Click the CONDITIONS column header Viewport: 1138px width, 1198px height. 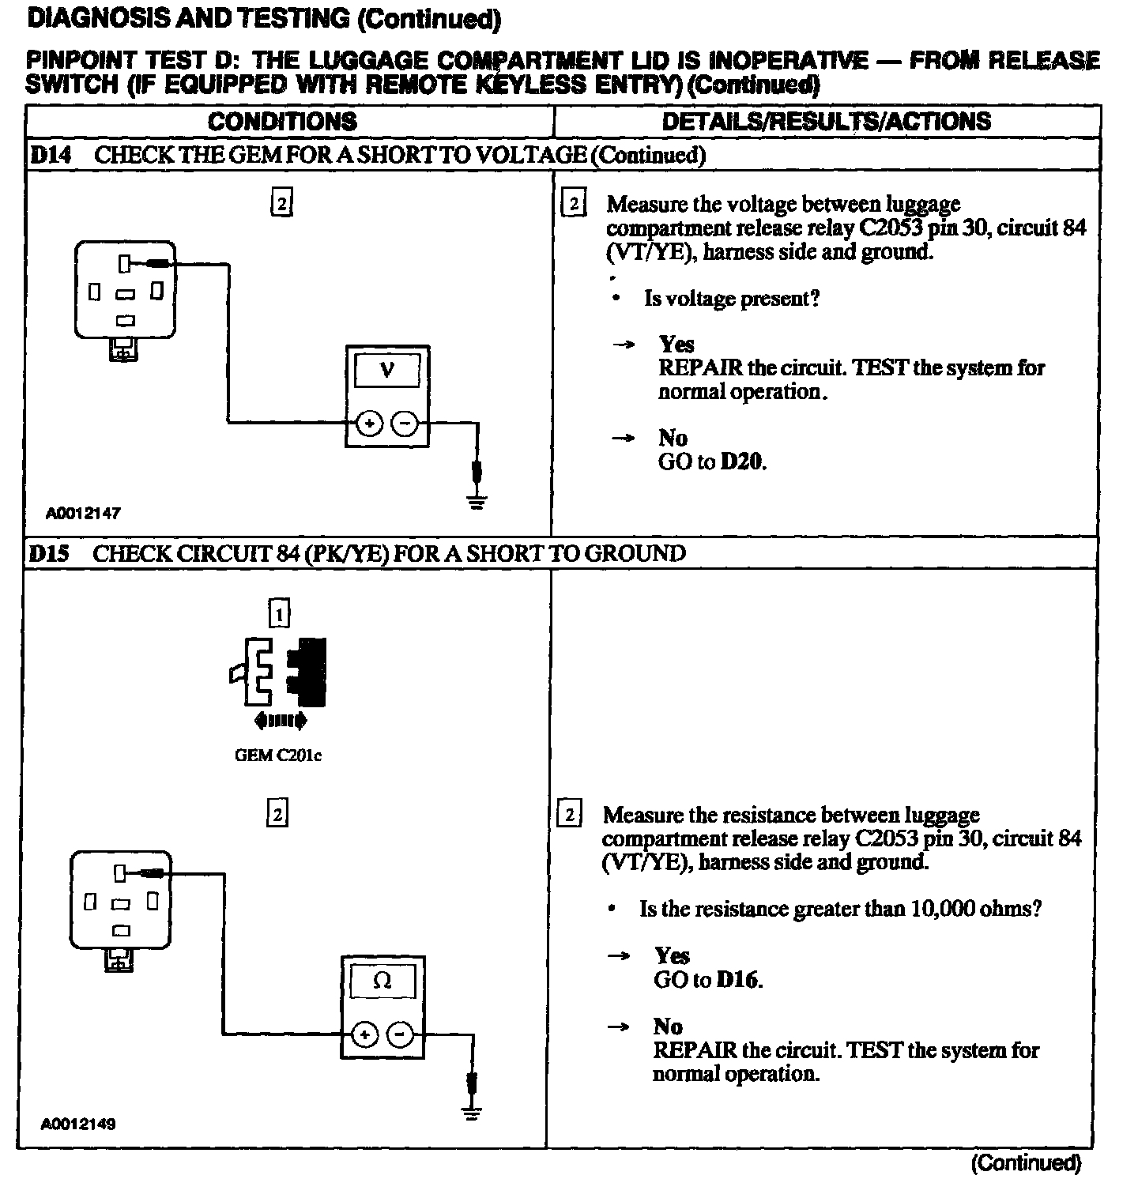pyautogui.click(x=282, y=121)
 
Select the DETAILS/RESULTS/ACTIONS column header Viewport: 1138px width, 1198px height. pyautogui.click(x=826, y=121)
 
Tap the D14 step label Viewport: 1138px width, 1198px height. pyautogui.click(x=50, y=155)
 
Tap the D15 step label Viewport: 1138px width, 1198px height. pyautogui.click(x=49, y=553)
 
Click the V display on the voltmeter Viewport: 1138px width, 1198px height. pyautogui.click(x=387, y=369)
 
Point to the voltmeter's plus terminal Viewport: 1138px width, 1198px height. pyautogui.click(x=369, y=424)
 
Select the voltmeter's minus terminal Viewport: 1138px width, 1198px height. pyautogui.click(x=405, y=424)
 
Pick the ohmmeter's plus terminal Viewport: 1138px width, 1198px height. pyautogui.click(x=364, y=1034)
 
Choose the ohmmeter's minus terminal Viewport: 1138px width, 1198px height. pyautogui.click(x=400, y=1034)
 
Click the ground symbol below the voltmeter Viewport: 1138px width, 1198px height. pyautogui.click(x=476, y=501)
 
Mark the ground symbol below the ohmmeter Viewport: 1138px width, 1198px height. pyautogui.click(x=472, y=1113)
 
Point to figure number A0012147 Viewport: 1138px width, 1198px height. pyautogui.click(x=83, y=513)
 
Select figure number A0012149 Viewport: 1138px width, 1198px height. pyautogui.click(x=78, y=1124)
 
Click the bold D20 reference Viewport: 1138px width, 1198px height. pyautogui.click(x=743, y=461)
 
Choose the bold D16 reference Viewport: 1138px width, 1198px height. pyautogui.click(x=738, y=980)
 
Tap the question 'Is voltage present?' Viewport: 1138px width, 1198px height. pyautogui.click(x=732, y=299)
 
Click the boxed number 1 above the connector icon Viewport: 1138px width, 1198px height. pyautogui.click(x=279, y=614)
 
